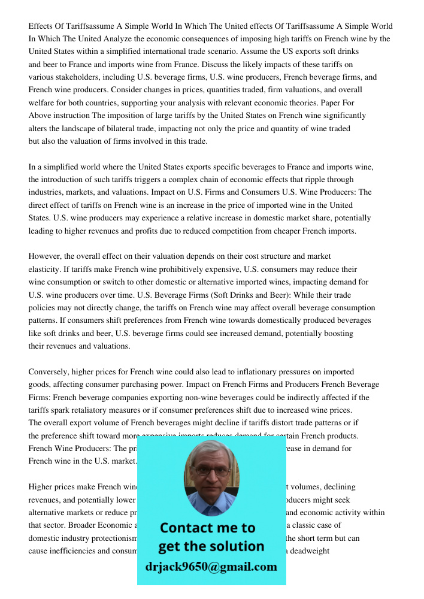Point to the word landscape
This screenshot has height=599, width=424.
pos(74,128)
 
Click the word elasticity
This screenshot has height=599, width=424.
pos(45,269)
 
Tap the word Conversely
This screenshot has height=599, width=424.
pos(50,371)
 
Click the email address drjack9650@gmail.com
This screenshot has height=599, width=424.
pos(211,567)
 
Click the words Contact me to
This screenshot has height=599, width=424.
pos(208,528)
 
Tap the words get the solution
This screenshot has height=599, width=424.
pos(211,546)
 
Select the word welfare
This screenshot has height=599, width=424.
pos(43,103)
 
